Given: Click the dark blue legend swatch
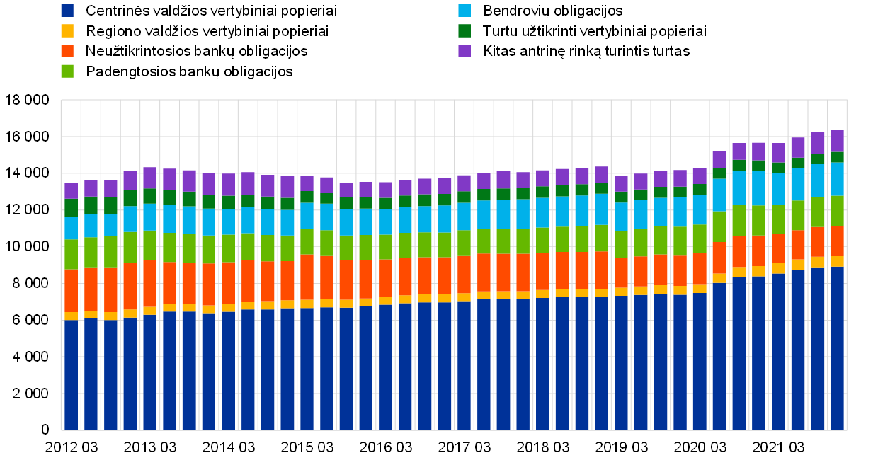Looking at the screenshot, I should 67,11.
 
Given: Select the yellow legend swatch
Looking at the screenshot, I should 67,31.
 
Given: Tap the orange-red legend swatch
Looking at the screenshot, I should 67,51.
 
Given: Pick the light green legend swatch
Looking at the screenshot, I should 67,71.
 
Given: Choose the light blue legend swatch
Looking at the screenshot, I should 464,11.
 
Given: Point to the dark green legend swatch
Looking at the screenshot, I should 464,31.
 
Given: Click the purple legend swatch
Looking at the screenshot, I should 464,51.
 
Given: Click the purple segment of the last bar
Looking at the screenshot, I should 837,141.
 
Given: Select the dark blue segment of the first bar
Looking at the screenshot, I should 72,375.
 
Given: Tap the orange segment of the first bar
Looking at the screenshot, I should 72,291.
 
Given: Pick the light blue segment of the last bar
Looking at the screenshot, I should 837,179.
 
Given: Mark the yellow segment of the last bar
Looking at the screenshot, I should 837,261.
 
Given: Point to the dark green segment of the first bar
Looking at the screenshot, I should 72,208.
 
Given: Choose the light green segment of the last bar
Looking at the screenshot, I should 837,211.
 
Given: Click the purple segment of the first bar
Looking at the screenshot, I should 72,191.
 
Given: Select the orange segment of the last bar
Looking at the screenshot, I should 837,241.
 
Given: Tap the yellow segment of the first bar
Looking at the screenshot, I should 72,316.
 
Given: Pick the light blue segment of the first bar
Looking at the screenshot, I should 72,228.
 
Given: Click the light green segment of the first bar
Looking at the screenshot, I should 72,254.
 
